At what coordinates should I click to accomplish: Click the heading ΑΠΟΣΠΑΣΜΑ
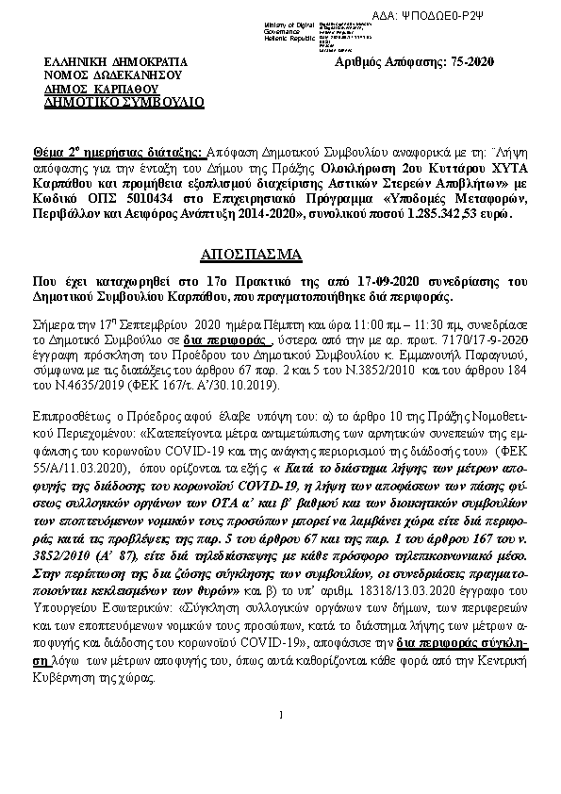point(252,255)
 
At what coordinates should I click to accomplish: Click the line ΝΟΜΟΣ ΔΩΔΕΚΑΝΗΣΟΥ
point(115,74)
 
